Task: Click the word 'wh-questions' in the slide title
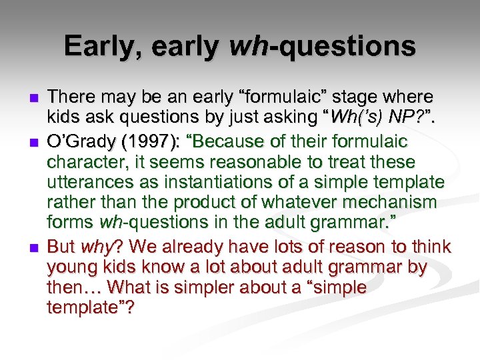tap(322, 46)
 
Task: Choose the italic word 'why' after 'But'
tap(95, 247)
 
